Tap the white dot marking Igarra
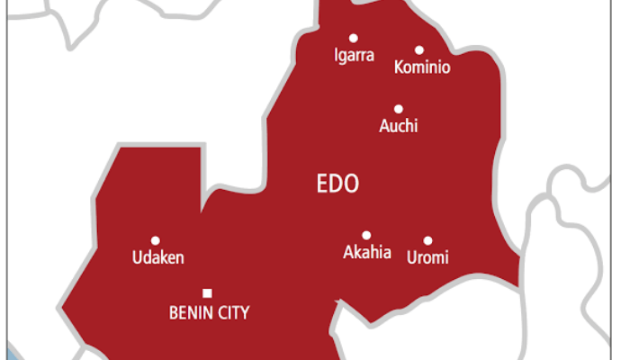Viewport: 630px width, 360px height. (x=353, y=38)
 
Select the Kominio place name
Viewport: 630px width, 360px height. (x=422, y=67)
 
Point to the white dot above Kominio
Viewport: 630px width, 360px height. (x=419, y=50)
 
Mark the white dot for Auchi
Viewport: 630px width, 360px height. (x=397, y=107)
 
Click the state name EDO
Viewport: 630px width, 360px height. (x=337, y=184)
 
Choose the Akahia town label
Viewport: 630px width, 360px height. (x=367, y=252)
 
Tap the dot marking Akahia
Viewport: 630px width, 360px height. (x=366, y=235)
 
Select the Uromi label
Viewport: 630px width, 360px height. (x=427, y=258)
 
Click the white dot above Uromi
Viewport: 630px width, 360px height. (x=427, y=240)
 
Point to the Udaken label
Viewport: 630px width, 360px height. (x=157, y=258)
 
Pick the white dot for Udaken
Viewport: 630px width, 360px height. (x=155, y=240)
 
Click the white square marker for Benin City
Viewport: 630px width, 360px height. (x=208, y=292)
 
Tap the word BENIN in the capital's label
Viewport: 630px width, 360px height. (x=191, y=313)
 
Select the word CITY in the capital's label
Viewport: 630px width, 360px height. (x=233, y=313)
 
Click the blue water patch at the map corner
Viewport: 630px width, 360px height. (x=11, y=352)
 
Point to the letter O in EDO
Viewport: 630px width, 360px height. (x=350, y=184)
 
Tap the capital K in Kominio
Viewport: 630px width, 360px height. (x=400, y=67)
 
